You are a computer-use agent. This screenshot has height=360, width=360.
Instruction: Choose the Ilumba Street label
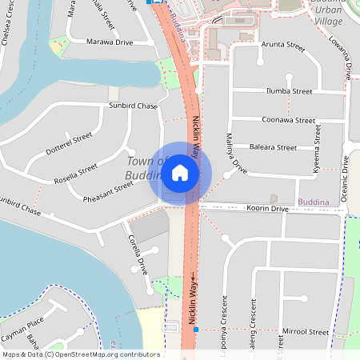(x=290, y=91)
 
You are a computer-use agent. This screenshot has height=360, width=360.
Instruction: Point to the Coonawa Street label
(x=289, y=120)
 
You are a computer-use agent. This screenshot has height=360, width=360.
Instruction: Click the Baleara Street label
(x=294, y=148)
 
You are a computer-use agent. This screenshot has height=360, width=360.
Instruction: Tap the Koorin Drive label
(x=266, y=208)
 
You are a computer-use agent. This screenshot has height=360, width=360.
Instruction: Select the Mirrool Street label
(x=306, y=331)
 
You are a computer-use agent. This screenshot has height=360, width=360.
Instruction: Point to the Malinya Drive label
(x=234, y=153)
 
